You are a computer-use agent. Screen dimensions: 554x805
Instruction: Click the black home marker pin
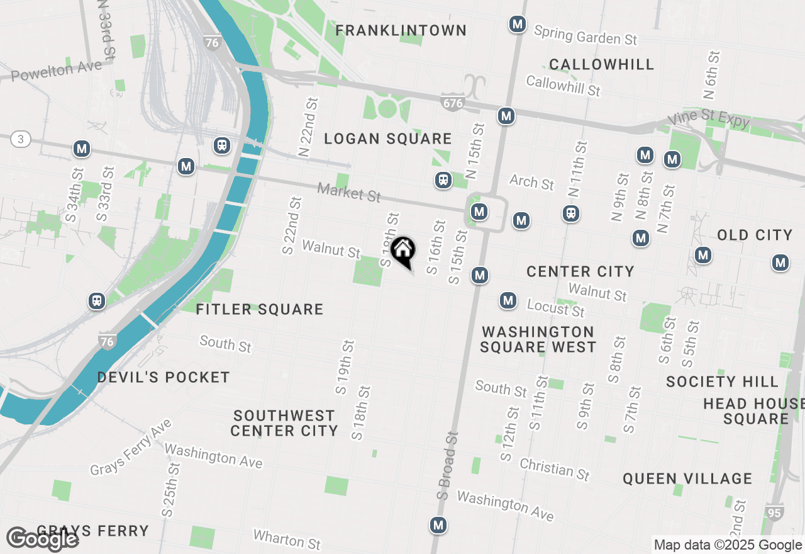(x=402, y=251)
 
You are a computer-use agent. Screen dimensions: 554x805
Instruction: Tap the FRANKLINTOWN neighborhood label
(x=401, y=30)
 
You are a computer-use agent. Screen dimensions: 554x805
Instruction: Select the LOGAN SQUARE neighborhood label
(x=388, y=139)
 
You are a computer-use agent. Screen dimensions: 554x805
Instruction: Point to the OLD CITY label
(x=755, y=235)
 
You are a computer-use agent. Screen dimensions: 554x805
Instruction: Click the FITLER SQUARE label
(x=260, y=309)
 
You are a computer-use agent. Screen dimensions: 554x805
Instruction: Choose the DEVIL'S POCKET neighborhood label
(x=164, y=378)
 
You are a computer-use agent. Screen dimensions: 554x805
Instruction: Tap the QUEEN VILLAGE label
(x=687, y=479)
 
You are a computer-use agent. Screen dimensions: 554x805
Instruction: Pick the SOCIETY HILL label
(x=722, y=382)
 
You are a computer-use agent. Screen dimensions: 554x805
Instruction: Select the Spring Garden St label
(x=585, y=35)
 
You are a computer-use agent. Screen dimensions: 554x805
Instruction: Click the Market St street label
(x=349, y=192)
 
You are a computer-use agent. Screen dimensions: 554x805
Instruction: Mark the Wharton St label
(x=287, y=540)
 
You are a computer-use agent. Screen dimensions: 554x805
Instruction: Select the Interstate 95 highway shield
(x=775, y=512)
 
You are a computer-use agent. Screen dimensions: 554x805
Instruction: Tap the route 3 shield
(x=21, y=139)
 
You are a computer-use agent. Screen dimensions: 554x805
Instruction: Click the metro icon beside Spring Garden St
(x=517, y=25)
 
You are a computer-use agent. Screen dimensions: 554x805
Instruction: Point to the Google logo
(x=43, y=539)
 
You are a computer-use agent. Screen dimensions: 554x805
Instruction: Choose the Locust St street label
(x=555, y=308)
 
